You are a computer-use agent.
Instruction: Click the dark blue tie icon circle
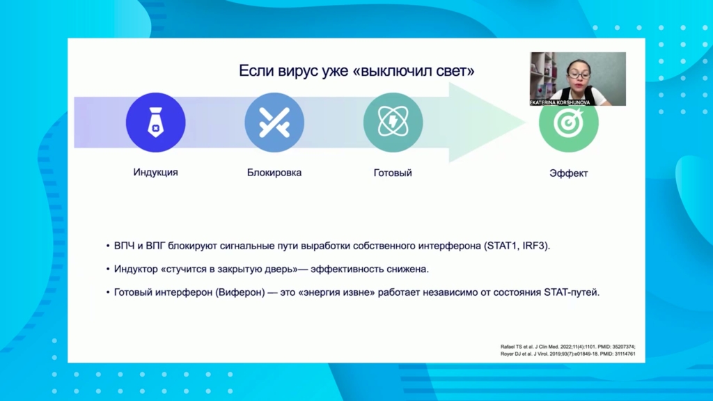click(x=155, y=123)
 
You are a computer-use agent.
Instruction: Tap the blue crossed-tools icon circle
click(x=274, y=123)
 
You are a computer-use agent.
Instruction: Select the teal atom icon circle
click(x=393, y=123)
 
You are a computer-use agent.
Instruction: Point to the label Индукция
click(x=155, y=173)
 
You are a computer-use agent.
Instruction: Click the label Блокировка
click(x=274, y=173)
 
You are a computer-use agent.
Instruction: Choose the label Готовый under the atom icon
click(x=393, y=173)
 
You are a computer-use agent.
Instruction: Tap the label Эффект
click(x=568, y=173)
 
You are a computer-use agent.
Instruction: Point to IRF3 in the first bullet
click(x=535, y=246)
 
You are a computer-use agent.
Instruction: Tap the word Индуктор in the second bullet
click(x=136, y=269)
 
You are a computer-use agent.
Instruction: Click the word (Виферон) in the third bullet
click(x=240, y=292)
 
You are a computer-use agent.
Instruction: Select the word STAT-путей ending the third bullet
click(x=572, y=292)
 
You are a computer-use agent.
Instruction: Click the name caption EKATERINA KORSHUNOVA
click(x=560, y=103)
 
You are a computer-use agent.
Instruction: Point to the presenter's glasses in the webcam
click(x=578, y=73)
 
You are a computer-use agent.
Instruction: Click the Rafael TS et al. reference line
click(x=568, y=347)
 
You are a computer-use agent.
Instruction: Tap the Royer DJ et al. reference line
click(x=568, y=354)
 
